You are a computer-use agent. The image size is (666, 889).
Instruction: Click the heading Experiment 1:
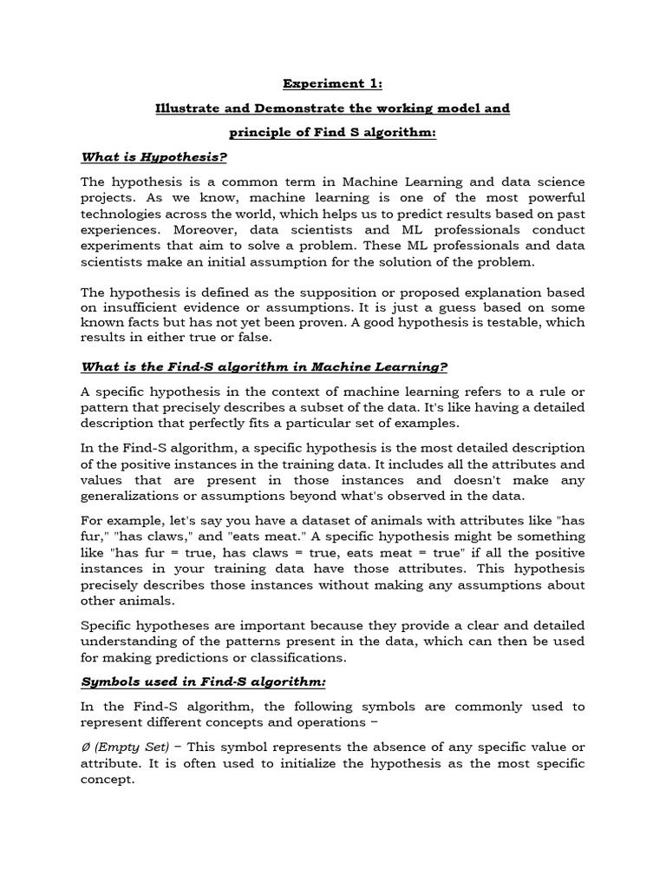pos(332,84)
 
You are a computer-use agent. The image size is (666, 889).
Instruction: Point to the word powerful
pos(552,197)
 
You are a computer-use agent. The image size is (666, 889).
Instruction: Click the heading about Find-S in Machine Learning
pos(264,366)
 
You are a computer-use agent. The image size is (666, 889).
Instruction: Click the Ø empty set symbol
pos(85,747)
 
